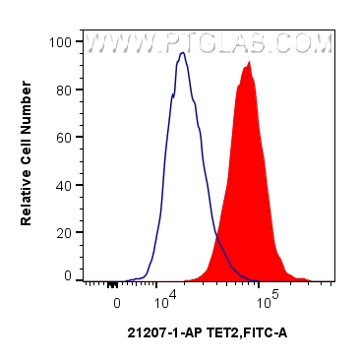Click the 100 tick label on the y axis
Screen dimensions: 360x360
coord(62,42)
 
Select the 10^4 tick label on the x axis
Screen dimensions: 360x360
coord(164,300)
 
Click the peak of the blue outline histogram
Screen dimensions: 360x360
coord(182,53)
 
